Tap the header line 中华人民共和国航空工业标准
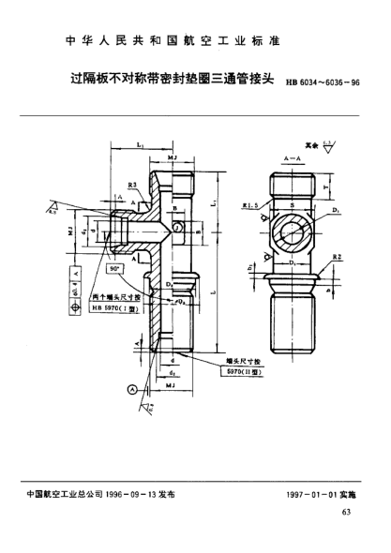[x=195, y=42]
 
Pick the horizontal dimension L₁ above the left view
[x=139, y=145]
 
